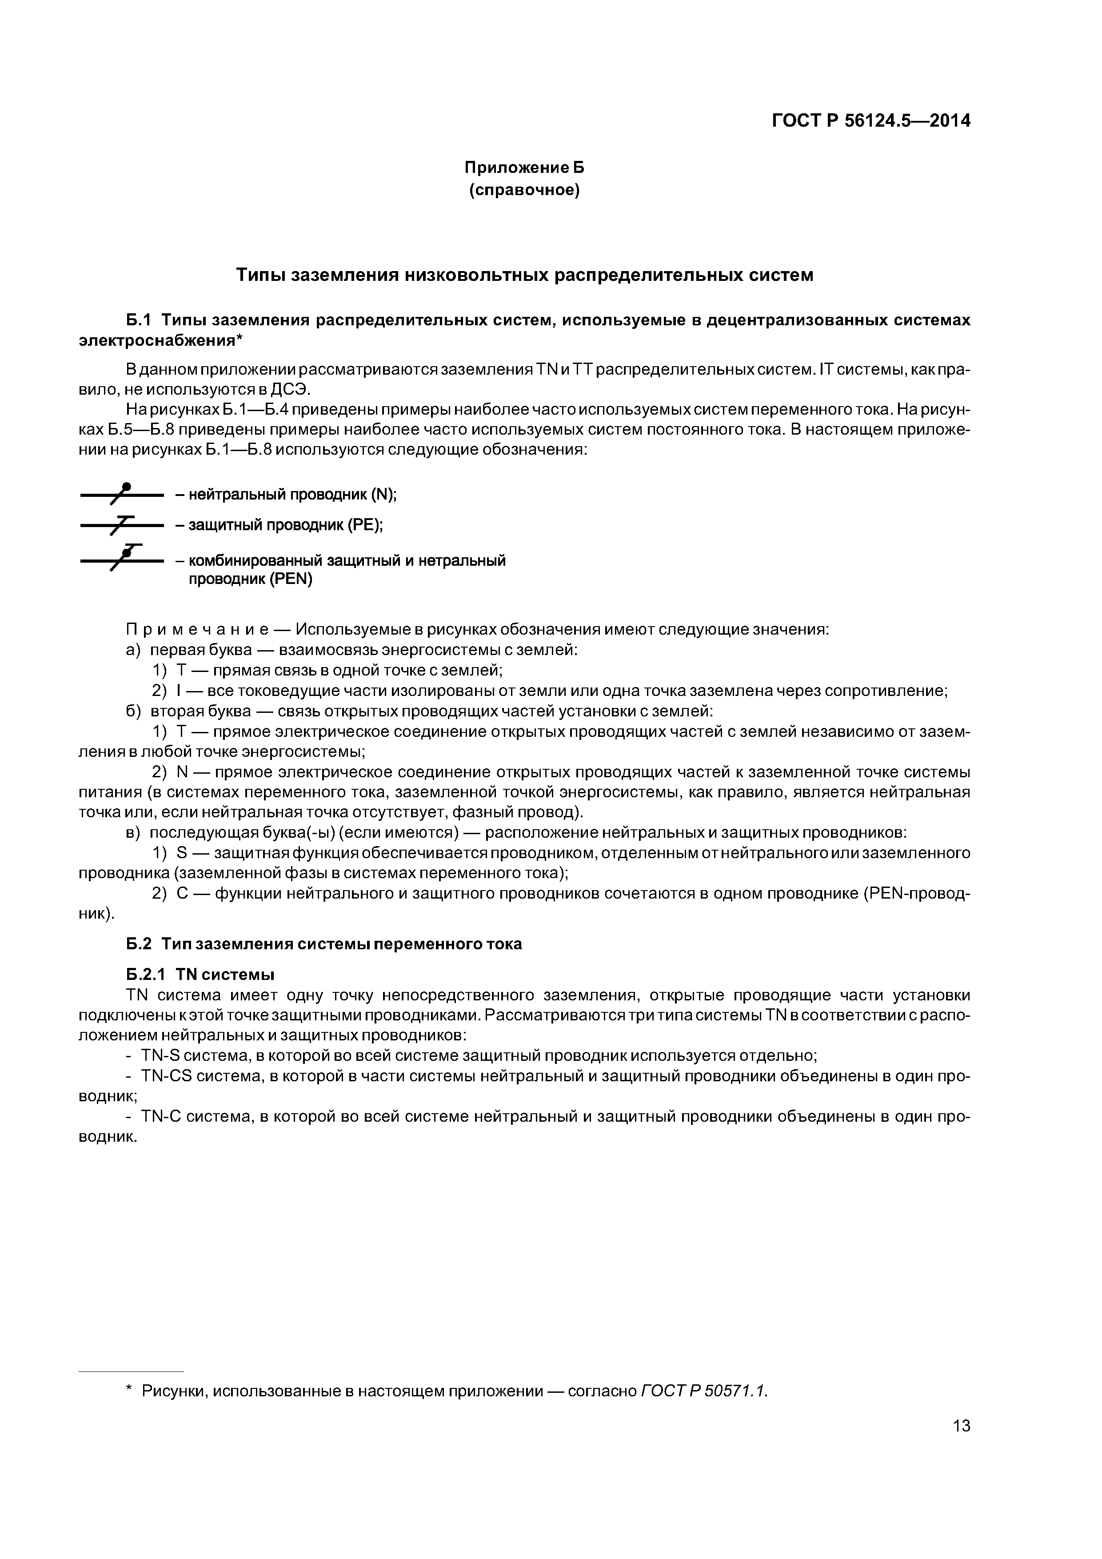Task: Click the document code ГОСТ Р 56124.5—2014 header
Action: (871, 121)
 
